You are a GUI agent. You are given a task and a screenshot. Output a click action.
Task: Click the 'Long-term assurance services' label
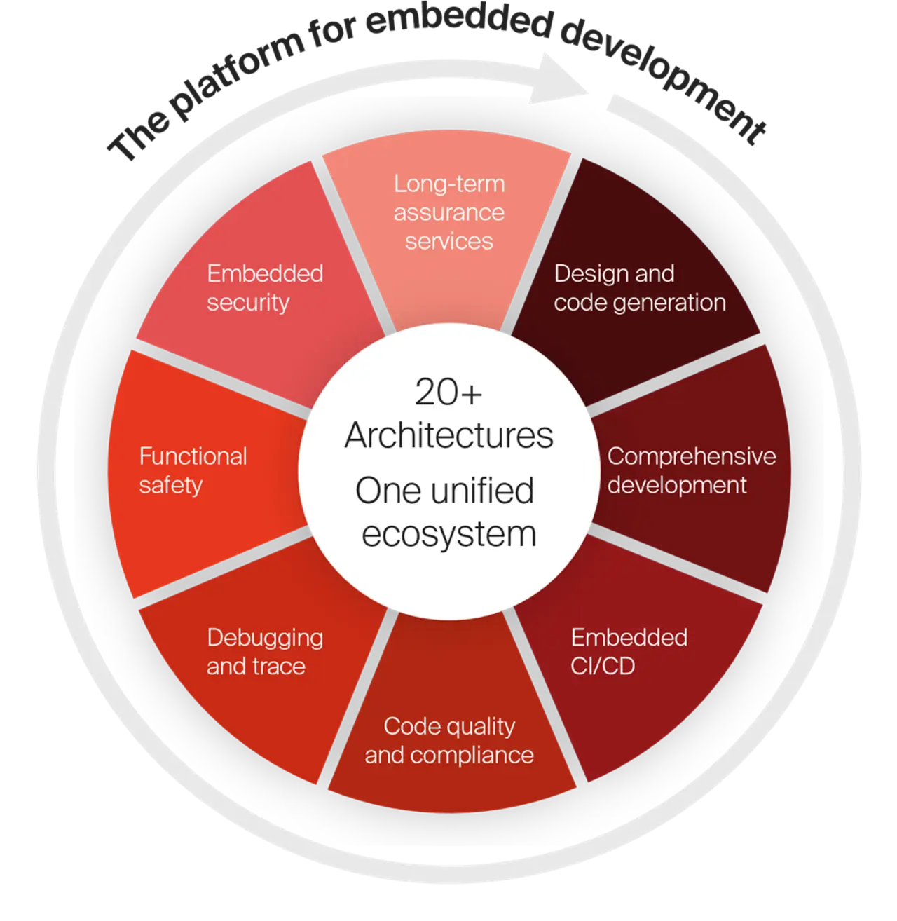point(449,212)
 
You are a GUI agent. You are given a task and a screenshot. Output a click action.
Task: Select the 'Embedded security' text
point(265,287)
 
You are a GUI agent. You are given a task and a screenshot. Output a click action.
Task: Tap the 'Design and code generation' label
point(639,287)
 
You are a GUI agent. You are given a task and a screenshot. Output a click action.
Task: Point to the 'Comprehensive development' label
point(691,470)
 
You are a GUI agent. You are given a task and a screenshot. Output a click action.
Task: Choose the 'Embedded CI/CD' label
point(629,651)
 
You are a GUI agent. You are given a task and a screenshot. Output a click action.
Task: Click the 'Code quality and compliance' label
point(449,741)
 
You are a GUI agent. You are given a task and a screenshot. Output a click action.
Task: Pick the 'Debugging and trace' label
point(265,651)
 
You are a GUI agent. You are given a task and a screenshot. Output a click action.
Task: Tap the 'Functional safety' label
point(193,470)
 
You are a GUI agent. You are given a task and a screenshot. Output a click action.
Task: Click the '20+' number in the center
point(448,393)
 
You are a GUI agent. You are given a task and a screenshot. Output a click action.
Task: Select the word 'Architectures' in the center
point(449,435)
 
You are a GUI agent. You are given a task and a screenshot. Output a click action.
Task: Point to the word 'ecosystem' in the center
point(449,534)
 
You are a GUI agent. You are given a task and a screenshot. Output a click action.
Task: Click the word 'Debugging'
point(265,638)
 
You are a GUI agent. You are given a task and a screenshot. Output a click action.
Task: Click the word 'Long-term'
point(449,184)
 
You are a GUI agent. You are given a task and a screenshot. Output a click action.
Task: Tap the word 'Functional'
point(193,456)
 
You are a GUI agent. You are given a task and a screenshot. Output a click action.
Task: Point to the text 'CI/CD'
point(603,665)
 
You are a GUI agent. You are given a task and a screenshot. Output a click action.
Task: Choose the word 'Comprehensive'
point(691,456)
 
